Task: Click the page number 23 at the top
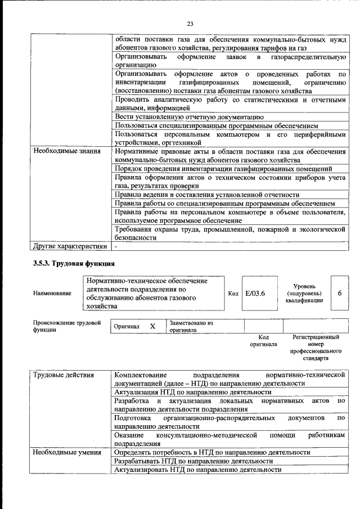pyautogui.click(x=190, y=23)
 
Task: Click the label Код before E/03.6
pyautogui.click(x=233, y=294)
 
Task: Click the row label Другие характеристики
pyautogui.click(x=69, y=246)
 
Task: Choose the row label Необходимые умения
pyautogui.click(x=66, y=452)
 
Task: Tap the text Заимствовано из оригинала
pyautogui.click(x=191, y=327)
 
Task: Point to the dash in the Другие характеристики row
pyautogui.click(x=116, y=246)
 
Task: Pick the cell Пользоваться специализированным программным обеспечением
pyautogui.click(x=216, y=125)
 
